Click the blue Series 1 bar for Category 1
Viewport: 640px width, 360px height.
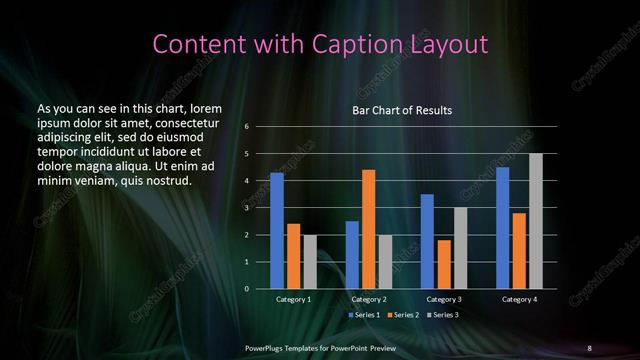pos(277,231)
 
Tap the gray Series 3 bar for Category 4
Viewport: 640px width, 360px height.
pos(535,221)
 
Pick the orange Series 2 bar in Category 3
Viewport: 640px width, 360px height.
pos(444,264)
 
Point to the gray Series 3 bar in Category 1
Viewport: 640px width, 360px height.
pos(309,262)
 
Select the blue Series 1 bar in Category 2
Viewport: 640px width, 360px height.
pos(352,255)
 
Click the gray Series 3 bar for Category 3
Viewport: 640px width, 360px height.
pos(460,248)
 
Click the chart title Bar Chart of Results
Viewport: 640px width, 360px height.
pos(403,110)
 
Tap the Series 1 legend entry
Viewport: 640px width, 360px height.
pos(363,315)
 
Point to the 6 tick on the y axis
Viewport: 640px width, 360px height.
pos(246,127)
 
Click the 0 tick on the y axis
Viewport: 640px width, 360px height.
pos(246,289)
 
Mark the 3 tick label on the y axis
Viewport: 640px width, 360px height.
pos(246,208)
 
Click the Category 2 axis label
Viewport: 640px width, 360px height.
pos(368,299)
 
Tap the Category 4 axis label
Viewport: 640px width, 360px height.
pos(519,299)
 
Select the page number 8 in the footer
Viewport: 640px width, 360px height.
pos(589,347)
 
